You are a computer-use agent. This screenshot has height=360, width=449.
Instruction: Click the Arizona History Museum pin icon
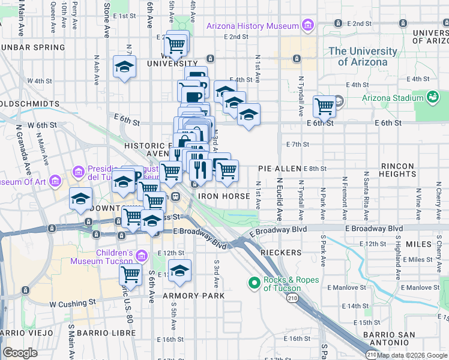click(308, 26)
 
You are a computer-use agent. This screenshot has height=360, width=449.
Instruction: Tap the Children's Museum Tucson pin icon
click(142, 256)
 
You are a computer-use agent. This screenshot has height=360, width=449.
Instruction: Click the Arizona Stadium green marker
click(432, 97)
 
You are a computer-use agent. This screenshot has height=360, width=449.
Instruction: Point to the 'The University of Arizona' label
click(359, 56)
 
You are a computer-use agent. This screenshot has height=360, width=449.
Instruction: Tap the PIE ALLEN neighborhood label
click(279, 169)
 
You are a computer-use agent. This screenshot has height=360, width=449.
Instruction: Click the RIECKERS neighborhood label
click(281, 253)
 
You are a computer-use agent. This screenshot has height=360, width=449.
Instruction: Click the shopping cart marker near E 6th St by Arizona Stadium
click(324, 106)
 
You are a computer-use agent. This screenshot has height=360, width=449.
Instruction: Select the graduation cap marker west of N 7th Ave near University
click(124, 66)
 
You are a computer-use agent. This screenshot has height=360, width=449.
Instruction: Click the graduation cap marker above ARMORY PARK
click(179, 271)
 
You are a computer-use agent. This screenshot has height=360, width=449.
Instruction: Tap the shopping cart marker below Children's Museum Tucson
click(130, 274)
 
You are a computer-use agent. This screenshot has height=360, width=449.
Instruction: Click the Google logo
click(20, 353)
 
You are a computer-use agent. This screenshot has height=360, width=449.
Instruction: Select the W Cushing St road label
click(73, 304)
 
